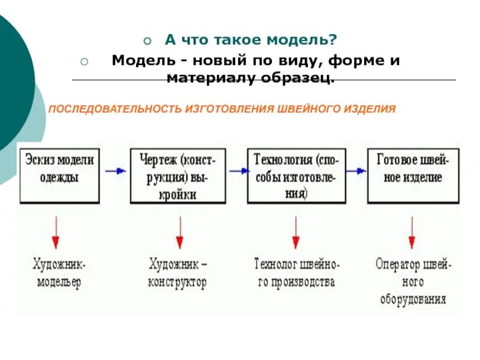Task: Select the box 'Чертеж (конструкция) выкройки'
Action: pos(178,174)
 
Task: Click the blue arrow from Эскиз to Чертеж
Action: pos(115,171)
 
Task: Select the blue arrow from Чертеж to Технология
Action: pos(237,171)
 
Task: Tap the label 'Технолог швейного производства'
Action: pos(297,273)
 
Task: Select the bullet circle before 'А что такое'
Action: pos(148,41)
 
